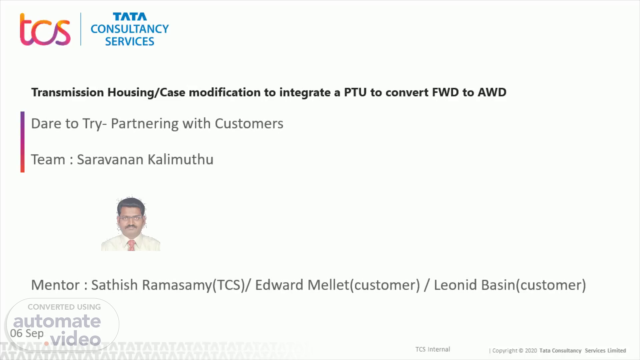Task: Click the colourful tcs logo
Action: pyautogui.click(x=45, y=29)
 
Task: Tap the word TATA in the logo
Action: pyautogui.click(x=130, y=17)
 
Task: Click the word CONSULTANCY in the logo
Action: pyautogui.click(x=130, y=29)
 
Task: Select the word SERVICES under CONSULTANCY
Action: pyautogui.click(x=130, y=41)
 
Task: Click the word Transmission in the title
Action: pyautogui.click(x=68, y=92)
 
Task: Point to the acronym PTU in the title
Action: pyautogui.click(x=355, y=92)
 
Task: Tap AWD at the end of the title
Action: pyautogui.click(x=492, y=92)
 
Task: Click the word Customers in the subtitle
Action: pyautogui.click(x=249, y=124)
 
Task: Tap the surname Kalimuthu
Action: pyautogui.click(x=180, y=160)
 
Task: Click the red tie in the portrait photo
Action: pyautogui.click(x=131, y=245)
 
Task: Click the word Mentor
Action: pyautogui.click(x=55, y=285)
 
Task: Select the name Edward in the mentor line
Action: pyautogui.click(x=279, y=285)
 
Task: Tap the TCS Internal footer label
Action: pyautogui.click(x=433, y=349)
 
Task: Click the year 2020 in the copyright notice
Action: pyautogui.click(x=531, y=351)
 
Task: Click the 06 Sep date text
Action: pyautogui.click(x=27, y=333)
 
